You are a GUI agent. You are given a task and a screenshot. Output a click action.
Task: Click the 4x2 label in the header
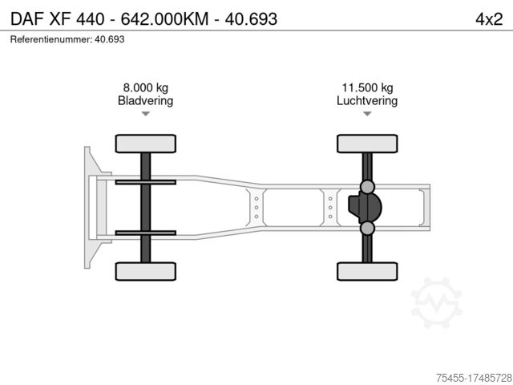click(x=489, y=19)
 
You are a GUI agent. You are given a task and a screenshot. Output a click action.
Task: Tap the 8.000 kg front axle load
click(x=146, y=87)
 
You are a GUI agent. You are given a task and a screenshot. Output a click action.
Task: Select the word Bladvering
click(x=146, y=101)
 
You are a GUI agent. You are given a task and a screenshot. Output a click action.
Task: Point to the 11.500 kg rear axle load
click(x=367, y=87)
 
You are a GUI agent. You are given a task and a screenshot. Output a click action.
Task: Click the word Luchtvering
click(x=367, y=101)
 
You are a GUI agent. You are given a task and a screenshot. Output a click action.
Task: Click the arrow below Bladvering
click(x=146, y=114)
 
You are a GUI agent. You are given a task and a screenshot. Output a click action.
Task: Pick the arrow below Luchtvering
click(x=367, y=114)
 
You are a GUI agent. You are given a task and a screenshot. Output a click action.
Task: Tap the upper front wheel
click(x=146, y=144)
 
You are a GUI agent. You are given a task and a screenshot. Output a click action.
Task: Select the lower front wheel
click(x=146, y=271)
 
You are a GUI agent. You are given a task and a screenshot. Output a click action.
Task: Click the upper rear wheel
click(x=367, y=144)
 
